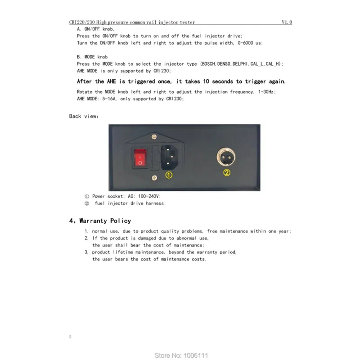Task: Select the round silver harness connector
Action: (226, 157)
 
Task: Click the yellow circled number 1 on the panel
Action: (168, 175)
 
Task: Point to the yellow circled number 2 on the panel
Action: (227, 172)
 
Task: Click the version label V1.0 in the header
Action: (287, 22)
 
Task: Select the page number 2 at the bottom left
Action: (70, 336)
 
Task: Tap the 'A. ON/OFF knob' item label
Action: (96, 28)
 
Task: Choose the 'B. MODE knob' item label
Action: (92, 57)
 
